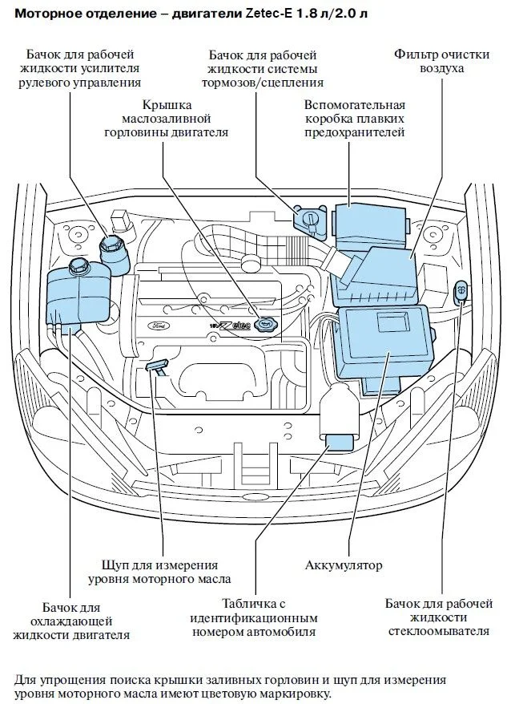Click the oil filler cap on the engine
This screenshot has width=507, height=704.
(x=267, y=323)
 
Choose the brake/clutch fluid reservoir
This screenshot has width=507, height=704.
(x=310, y=220)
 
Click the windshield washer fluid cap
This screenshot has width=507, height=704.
(x=461, y=290)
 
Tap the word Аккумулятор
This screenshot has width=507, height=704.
(x=344, y=564)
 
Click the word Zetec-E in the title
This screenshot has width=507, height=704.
(x=267, y=14)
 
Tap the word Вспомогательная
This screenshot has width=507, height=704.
(x=355, y=105)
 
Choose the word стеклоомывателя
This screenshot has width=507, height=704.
(x=439, y=631)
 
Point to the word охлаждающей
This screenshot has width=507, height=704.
(x=71, y=622)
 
